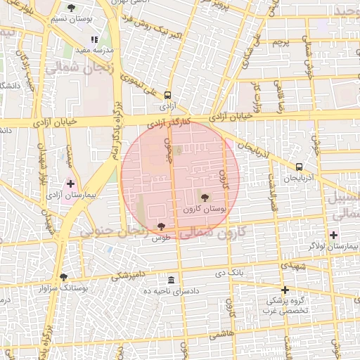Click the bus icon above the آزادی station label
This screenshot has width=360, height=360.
[x=167, y=95]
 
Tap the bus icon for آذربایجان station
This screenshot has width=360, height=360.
[x=300, y=167]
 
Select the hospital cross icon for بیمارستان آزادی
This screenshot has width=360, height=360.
[x=70, y=184]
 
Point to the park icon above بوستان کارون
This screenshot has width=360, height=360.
[x=205, y=198]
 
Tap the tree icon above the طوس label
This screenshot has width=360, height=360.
[x=162, y=226]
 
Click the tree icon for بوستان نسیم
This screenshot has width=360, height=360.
[x=71, y=8]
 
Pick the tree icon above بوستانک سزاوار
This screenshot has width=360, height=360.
[x=64, y=277]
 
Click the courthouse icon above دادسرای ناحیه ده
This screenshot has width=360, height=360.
[x=171, y=280]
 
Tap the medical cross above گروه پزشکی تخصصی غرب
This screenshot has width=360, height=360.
[x=285, y=290]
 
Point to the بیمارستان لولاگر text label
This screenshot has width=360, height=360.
[x=333, y=247]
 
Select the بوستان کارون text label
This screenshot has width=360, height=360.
[x=205, y=210]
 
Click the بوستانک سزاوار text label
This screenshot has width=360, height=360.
[x=64, y=288]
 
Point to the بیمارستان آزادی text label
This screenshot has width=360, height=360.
[x=70, y=195]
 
